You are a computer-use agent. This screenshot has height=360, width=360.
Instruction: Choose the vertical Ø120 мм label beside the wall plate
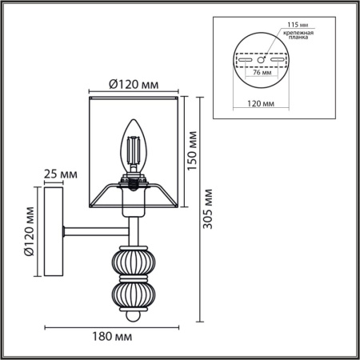coord(30,231)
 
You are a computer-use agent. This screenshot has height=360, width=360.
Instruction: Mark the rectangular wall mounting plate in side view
coord(55,233)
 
